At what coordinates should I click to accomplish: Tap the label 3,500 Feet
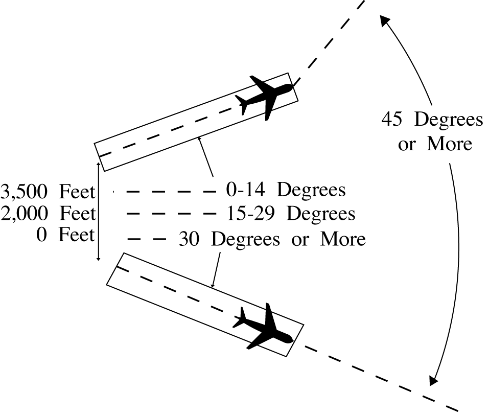click(x=49, y=192)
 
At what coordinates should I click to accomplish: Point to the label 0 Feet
click(x=65, y=236)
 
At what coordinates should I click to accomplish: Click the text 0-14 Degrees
click(x=286, y=190)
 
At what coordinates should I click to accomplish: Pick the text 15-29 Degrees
click(x=290, y=213)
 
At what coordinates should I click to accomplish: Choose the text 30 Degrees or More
click(x=272, y=239)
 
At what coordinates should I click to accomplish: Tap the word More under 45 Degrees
click(x=449, y=144)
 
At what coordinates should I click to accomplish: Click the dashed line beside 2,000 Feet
click(x=171, y=213)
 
